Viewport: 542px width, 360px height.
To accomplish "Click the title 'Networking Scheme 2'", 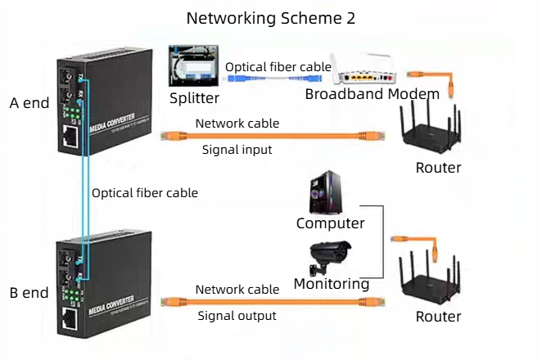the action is point(271,18).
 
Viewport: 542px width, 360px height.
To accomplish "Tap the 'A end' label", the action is point(29,103).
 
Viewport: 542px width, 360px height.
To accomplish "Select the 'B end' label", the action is point(29,293).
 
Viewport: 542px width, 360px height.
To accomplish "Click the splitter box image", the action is point(193,65).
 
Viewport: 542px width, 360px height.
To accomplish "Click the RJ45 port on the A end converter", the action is point(70,136).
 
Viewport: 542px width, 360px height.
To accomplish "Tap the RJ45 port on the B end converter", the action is point(70,318).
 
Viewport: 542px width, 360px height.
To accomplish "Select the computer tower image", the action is point(326,192).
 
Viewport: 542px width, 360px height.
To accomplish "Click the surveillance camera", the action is point(329,258).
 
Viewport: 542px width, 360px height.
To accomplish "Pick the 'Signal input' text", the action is point(237,150).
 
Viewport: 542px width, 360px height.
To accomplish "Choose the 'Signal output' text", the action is point(237,316).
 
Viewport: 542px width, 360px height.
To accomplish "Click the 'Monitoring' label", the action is point(332,284).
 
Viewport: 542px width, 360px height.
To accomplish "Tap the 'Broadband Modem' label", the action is point(373,93).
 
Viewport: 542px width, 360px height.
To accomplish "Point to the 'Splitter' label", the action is point(194,98).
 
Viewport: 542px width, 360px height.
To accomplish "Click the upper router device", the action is point(431,128).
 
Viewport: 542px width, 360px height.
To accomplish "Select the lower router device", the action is point(429,279).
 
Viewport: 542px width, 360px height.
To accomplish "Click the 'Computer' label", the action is point(331,223).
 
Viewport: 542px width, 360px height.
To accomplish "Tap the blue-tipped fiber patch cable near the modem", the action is point(275,79).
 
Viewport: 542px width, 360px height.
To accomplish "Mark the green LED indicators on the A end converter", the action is point(74,113).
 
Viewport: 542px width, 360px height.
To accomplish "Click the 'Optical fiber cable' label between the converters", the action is point(145,193).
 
